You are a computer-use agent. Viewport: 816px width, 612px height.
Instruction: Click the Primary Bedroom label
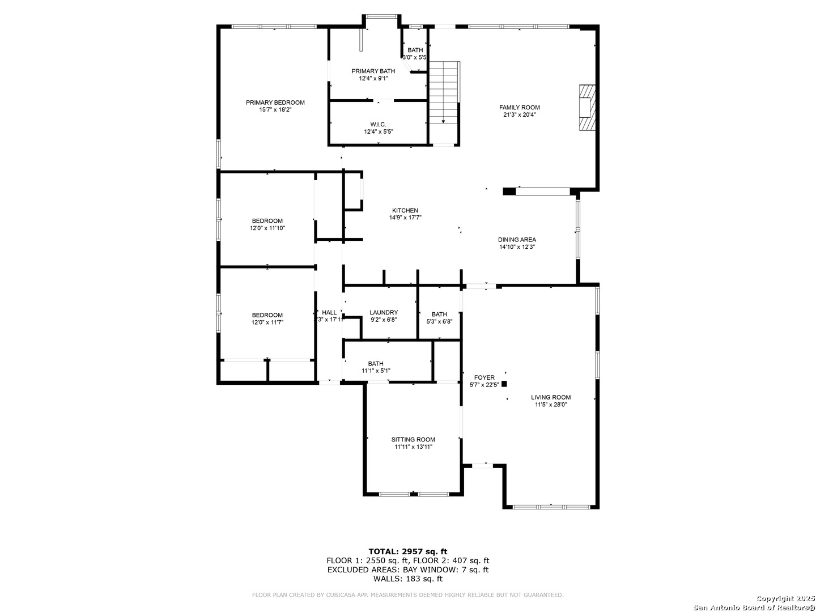tap(275, 103)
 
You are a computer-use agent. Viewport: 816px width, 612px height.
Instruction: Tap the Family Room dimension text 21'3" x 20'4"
tap(519, 114)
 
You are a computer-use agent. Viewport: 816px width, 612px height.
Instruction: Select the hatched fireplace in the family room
tap(587, 108)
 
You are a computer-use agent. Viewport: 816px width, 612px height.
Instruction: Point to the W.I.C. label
tap(378, 124)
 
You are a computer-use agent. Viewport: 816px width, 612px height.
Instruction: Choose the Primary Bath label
tap(373, 71)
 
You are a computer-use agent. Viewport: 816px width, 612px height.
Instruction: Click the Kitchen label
tap(405, 210)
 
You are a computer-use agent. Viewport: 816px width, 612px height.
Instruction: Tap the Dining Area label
tap(517, 239)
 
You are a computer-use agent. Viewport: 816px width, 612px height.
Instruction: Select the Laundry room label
tap(384, 312)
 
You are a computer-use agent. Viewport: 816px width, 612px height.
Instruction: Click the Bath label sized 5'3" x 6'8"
tap(439, 314)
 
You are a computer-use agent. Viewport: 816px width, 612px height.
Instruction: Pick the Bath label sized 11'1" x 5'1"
tap(376, 364)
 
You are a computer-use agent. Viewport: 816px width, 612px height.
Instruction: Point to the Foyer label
tap(484, 377)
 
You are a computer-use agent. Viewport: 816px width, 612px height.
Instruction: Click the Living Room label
tap(550, 397)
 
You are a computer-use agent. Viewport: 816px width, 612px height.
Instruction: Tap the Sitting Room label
tap(413, 439)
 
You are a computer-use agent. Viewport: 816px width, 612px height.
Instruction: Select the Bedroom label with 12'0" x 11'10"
tap(267, 221)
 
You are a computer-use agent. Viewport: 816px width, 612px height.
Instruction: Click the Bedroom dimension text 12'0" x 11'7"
tap(267, 322)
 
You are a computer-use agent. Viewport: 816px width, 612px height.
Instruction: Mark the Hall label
tap(329, 312)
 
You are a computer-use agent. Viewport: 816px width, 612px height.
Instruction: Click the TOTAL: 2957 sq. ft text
tap(407, 551)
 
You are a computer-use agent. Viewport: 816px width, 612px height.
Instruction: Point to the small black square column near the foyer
tap(504, 384)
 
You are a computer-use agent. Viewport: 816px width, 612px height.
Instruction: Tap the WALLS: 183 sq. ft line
tap(407, 579)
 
